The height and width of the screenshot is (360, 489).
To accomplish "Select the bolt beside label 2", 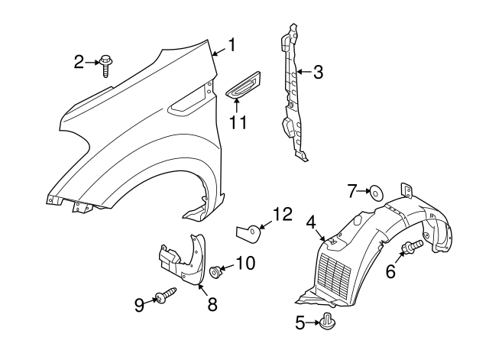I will click(x=105, y=66).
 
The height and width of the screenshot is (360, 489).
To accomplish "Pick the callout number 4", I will click(x=311, y=222).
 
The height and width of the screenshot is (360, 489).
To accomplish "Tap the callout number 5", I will click(x=301, y=323).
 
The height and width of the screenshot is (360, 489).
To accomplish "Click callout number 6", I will click(x=390, y=271).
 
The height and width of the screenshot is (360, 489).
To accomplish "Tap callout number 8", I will click(x=212, y=304).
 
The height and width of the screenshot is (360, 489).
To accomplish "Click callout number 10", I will click(x=244, y=264).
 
